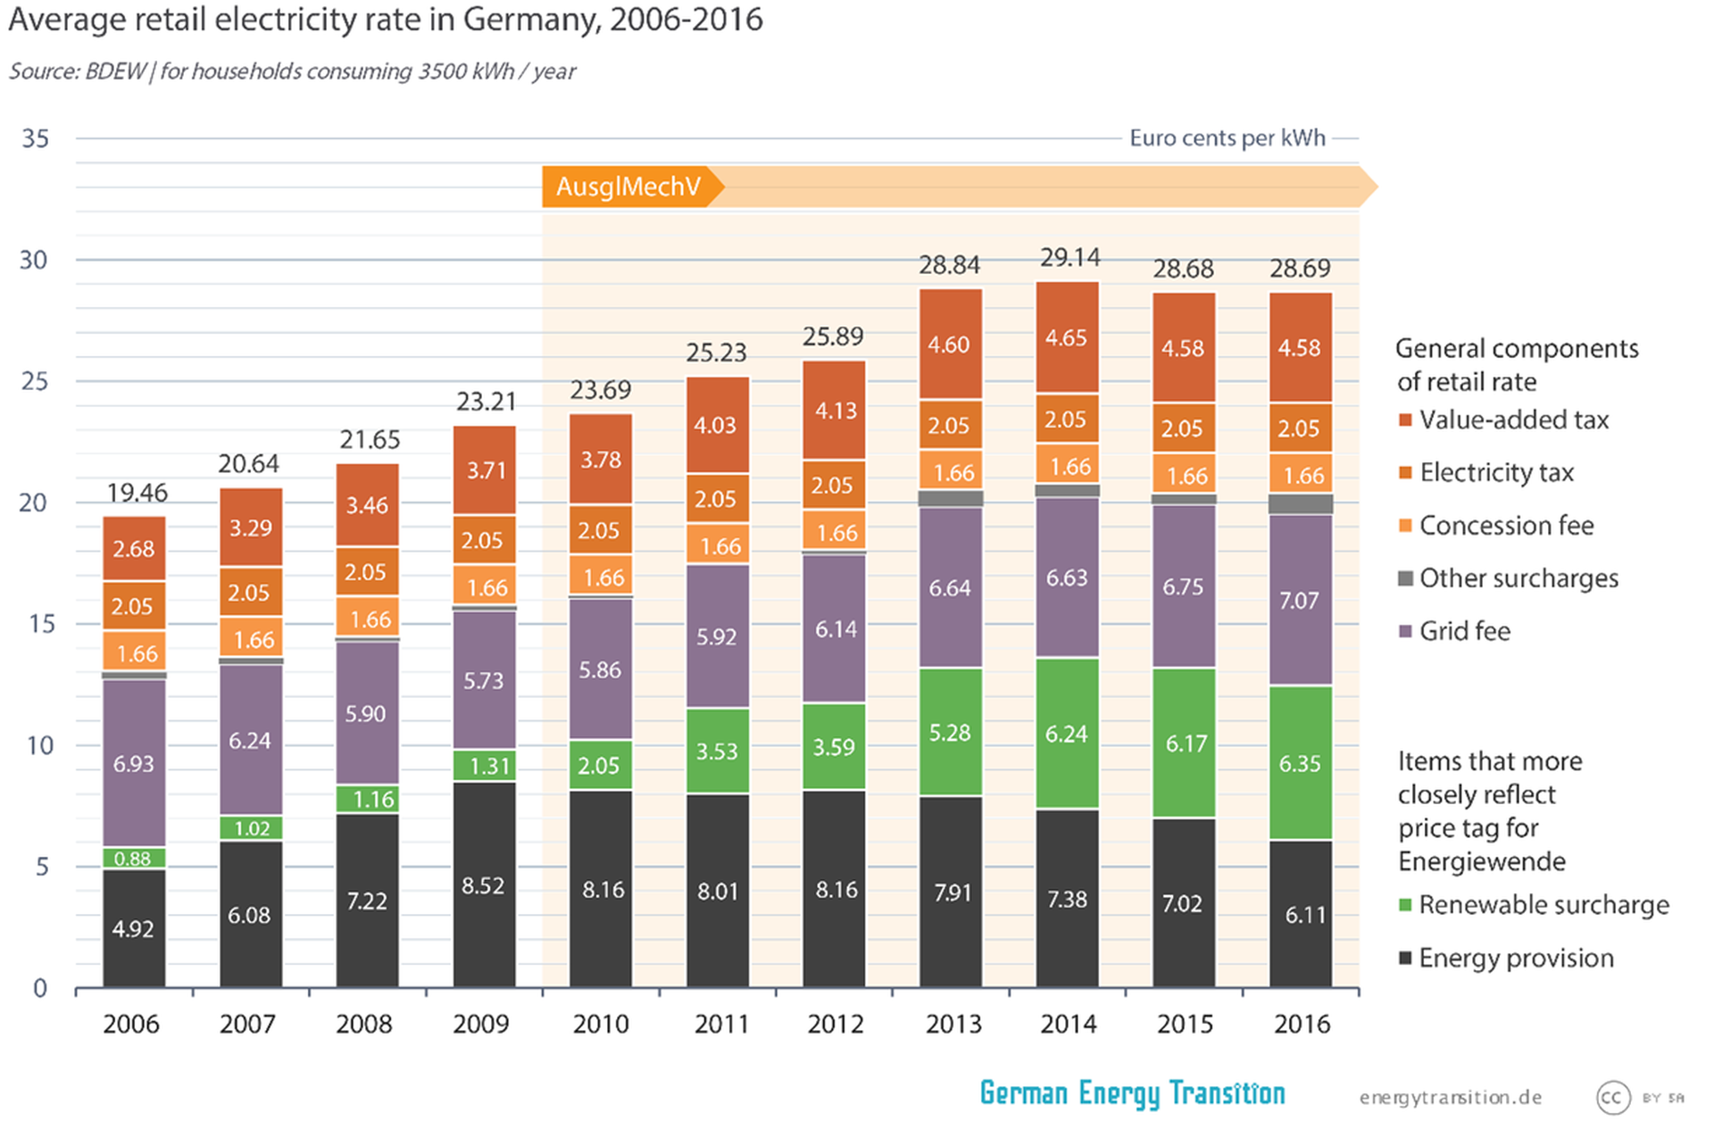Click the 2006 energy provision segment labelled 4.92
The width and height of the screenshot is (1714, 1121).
pos(134,928)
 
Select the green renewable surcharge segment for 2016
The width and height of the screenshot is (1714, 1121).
pos(1301,763)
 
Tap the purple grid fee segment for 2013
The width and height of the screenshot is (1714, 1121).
pos(951,587)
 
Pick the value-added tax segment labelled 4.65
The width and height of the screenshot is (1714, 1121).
pos(1067,337)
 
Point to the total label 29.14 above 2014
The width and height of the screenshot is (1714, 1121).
pos(1069,258)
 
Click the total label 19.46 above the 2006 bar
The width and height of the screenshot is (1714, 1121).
pos(137,493)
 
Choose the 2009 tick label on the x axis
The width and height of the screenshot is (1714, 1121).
pos(481,1024)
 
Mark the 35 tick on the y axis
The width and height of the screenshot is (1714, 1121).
pos(35,138)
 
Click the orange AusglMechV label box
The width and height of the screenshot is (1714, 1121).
pos(628,187)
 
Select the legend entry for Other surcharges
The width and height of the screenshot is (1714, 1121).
pos(1518,578)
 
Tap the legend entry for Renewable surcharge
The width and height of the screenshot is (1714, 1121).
pos(1543,905)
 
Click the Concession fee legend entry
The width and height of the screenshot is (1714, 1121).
pos(1506,526)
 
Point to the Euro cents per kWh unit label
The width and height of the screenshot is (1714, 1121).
pos(1227,138)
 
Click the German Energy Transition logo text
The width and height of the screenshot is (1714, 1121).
pos(1132,1093)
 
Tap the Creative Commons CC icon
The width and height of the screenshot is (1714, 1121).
pos(1612,1097)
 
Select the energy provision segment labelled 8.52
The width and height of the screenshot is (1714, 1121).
pos(484,885)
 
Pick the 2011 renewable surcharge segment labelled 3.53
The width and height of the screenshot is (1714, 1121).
pos(718,751)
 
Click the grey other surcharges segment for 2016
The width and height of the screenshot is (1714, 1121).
pos(1301,504)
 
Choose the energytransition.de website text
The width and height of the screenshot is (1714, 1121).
pos(1450,1097)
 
